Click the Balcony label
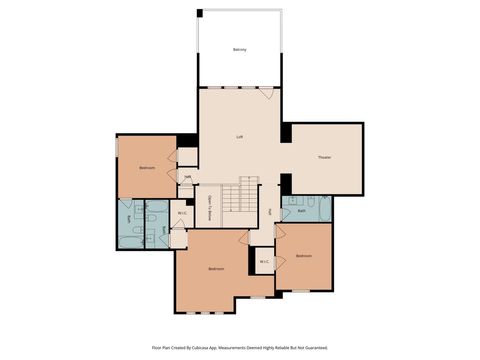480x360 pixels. click(239, 49)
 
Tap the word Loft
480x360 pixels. click(239, 136)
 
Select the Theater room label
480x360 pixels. click(324, 157)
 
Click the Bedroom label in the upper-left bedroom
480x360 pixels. click(147, 168)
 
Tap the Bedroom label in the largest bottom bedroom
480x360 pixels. click(216, 269)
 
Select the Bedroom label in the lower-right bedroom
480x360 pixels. click(304, 256)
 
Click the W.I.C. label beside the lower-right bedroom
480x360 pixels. click(264, 262)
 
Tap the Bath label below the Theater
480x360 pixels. click(301, 211)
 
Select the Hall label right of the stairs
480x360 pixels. click(271, 212)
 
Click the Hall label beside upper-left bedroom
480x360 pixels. click(187, 177)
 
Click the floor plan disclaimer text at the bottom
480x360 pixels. click(239, 347)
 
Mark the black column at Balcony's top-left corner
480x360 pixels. click(200, 12)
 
